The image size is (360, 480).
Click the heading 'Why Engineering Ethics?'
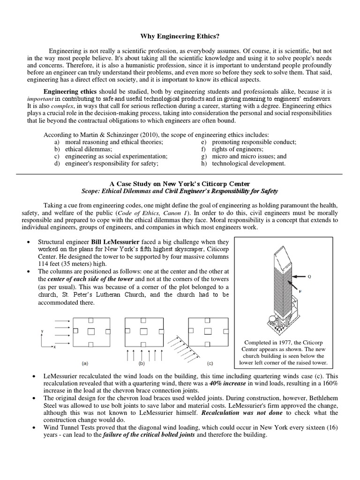[180, 36]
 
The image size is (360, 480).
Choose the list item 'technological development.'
[248, 163]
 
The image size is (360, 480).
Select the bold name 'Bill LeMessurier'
[118, 241]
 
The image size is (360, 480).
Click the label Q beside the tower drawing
[309, 277]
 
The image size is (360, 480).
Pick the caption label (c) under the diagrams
[210, 363]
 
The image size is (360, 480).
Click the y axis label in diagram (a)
[42, 331]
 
